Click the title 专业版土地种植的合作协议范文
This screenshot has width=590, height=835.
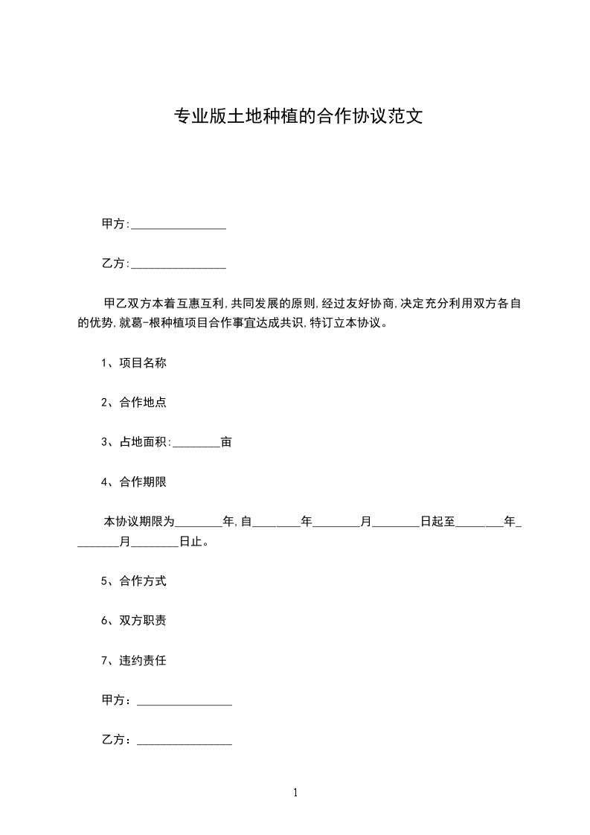[x=298, y=116]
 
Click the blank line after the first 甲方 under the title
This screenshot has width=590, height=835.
[x=179, y=225]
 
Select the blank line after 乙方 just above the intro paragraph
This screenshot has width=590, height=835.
[x=179, y=264]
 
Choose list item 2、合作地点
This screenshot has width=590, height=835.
[x=133, y=403]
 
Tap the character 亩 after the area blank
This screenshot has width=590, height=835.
[x=226, y=442]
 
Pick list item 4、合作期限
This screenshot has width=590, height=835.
[x=133, y=482]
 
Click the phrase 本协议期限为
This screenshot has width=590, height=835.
[x=139, y=522]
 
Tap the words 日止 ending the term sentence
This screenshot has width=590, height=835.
[x=193, y=542]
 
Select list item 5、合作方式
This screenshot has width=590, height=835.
[x=133, y=581]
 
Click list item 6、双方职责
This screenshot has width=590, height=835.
[x=133, y=621]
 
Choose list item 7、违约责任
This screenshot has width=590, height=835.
[x=133, y=660]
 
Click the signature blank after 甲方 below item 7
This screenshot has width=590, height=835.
[x=185, y=701]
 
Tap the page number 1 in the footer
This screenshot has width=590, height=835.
[x=295, y=793]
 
